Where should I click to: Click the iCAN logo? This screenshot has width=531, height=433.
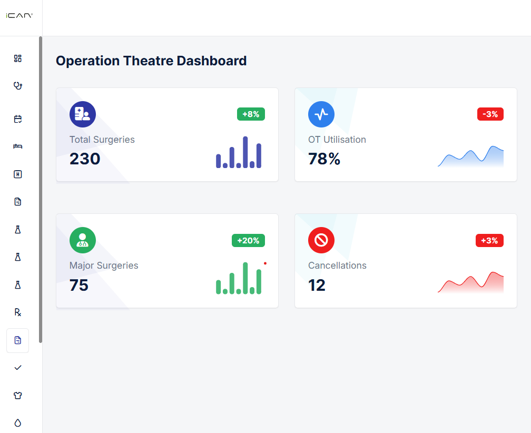tap(19, 16)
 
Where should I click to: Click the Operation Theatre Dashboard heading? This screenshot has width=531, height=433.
tap(151, 61)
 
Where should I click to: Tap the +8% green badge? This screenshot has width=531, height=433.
tap(251, 114)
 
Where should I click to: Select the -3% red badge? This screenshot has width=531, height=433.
tap(490, 114)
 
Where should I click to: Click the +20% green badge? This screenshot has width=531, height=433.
tap(248, 240)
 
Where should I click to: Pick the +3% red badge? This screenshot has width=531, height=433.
tap(490, 240)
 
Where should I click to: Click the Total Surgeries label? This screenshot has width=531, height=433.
tap(102, 140)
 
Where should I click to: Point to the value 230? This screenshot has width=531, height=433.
tap(85, 159)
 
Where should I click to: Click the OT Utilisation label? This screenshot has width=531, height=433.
tap(337, 140)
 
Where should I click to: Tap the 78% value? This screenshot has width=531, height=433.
tap(324, 159)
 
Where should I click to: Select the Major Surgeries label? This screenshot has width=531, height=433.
tap(104, 265)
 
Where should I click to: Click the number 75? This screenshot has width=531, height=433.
tap(79, 285)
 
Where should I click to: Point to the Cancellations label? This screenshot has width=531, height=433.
tap(337, 265)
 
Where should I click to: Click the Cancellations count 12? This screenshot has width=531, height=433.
tap(317, 285)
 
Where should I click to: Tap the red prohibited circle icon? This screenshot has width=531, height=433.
tap(321, 240)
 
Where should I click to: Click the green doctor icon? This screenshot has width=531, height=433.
tap(83, 240)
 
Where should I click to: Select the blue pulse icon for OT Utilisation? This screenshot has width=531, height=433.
tap(321, 114)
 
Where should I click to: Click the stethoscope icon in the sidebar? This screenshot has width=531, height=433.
tap(18, 86)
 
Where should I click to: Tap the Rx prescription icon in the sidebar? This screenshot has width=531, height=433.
tap(18, 312)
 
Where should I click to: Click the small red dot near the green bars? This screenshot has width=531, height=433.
tap(265, 263)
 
